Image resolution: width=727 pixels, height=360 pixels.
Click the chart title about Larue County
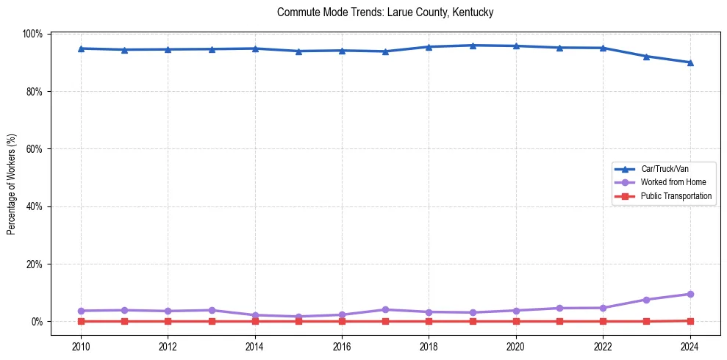coord(385,12)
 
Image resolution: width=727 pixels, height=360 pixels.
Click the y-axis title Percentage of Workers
coord(11,184)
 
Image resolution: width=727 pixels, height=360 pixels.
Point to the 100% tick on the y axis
coord(33,35)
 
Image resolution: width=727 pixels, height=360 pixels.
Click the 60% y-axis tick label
coord(35,149)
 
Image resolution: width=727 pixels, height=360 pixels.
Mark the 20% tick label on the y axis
coord(35,264)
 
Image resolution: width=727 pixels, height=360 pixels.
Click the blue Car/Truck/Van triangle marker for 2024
coord(690,62)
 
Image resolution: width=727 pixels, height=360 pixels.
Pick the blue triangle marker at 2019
coord(472,46)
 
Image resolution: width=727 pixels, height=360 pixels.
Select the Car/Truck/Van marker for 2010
coord(81,48)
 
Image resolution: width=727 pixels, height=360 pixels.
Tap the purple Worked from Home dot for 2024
coord(690,294)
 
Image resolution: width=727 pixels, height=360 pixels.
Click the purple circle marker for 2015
coord(298,317)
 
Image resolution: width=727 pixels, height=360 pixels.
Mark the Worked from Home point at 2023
coord(646,300)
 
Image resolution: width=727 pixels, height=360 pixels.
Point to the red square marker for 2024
coord(690,320)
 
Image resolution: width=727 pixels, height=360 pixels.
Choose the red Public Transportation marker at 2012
coord(168,321)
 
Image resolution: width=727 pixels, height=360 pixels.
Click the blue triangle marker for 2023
coord(646,56)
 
